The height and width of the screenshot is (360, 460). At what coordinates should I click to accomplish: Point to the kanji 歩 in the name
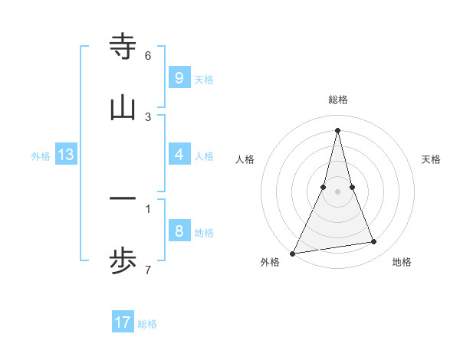[123, 262]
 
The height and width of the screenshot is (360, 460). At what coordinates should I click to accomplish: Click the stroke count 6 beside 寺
[148, 56]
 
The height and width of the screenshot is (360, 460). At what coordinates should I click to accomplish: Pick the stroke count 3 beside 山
[148, 117]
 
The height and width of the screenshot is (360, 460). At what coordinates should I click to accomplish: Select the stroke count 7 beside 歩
[148, 270]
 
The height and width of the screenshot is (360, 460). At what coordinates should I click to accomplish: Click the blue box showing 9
[179, 78]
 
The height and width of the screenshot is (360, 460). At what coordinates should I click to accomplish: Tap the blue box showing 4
[179, 155]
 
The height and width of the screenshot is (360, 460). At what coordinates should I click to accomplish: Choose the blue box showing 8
[179, 231]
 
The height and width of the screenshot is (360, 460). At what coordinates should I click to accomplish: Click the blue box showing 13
[66, 155]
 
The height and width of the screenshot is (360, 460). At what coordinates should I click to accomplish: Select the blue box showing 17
[123, 322]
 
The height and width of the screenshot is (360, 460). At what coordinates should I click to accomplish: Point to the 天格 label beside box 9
[204, 80]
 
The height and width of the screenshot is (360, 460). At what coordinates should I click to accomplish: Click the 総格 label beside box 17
[147, 324]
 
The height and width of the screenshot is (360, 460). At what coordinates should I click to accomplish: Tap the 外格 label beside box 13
[41, 156]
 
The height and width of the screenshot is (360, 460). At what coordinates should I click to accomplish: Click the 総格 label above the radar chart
[337, 100]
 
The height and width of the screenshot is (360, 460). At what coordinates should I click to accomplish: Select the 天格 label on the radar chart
[431, 159]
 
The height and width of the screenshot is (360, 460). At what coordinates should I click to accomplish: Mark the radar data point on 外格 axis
[293, 253]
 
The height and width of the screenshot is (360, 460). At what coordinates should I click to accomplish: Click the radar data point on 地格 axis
[374, 242]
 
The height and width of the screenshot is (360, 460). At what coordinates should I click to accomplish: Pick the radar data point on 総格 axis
[337, 130]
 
